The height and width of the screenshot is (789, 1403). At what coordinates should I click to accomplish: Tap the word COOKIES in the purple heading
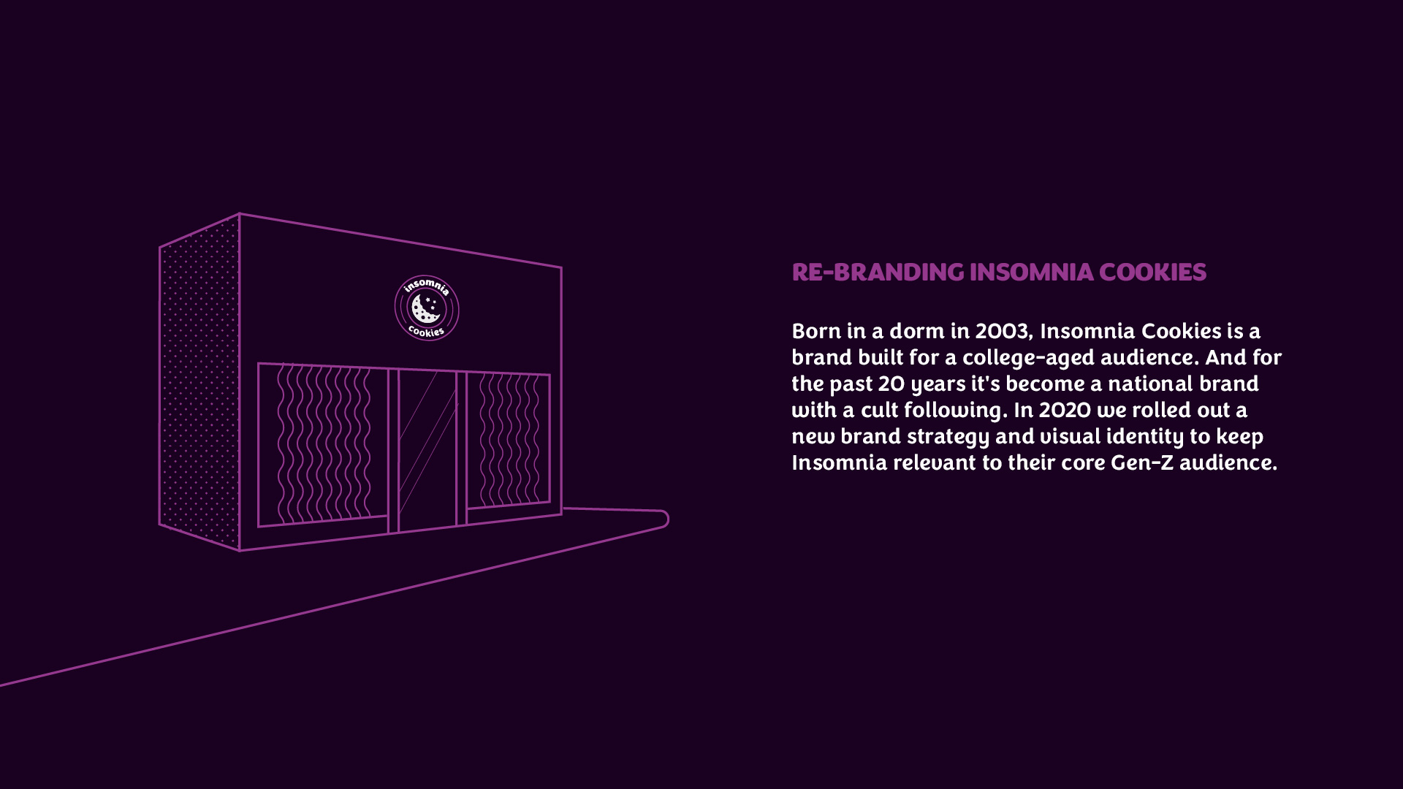pos(1152,272)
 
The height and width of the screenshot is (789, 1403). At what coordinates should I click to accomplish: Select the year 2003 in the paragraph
pos(1003,332)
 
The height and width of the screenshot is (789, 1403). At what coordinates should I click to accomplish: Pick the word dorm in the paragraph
pos(917,331)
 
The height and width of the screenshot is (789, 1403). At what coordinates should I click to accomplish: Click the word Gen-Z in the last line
pos(1141,462)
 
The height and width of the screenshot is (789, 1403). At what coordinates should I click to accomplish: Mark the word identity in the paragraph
pos(1145,437)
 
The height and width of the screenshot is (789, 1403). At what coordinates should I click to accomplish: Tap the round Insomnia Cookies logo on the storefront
pos(427,308)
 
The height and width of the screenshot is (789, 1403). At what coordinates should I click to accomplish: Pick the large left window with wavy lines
pos(323,444)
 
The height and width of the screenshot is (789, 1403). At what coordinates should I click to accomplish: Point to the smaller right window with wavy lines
pos(508,441)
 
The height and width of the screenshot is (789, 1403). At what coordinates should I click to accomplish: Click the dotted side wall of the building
pos(199,382)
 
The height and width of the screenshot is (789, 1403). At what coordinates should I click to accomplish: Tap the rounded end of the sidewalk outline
pos(667,519)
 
